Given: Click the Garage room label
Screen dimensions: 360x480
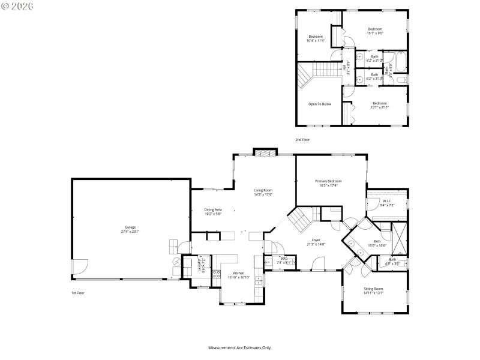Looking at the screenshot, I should point(130,229).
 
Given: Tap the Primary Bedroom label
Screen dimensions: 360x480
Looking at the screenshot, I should point(328,181).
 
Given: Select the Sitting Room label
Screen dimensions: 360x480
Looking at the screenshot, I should point(373,289).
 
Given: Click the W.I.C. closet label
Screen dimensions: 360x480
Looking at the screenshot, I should point(387,201).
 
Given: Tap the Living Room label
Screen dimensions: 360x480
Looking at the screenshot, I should point(263,190).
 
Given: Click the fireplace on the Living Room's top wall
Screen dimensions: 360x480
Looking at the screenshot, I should point(265,152).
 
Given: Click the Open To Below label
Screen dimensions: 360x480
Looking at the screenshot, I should point(320,104).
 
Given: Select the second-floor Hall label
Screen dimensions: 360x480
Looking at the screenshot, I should point(346,67).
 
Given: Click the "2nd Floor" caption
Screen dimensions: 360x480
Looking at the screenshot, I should point(302,139).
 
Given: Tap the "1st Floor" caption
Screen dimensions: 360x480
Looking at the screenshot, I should point(78,292).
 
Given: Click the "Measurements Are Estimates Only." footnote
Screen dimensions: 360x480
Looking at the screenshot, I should point(240,347).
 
